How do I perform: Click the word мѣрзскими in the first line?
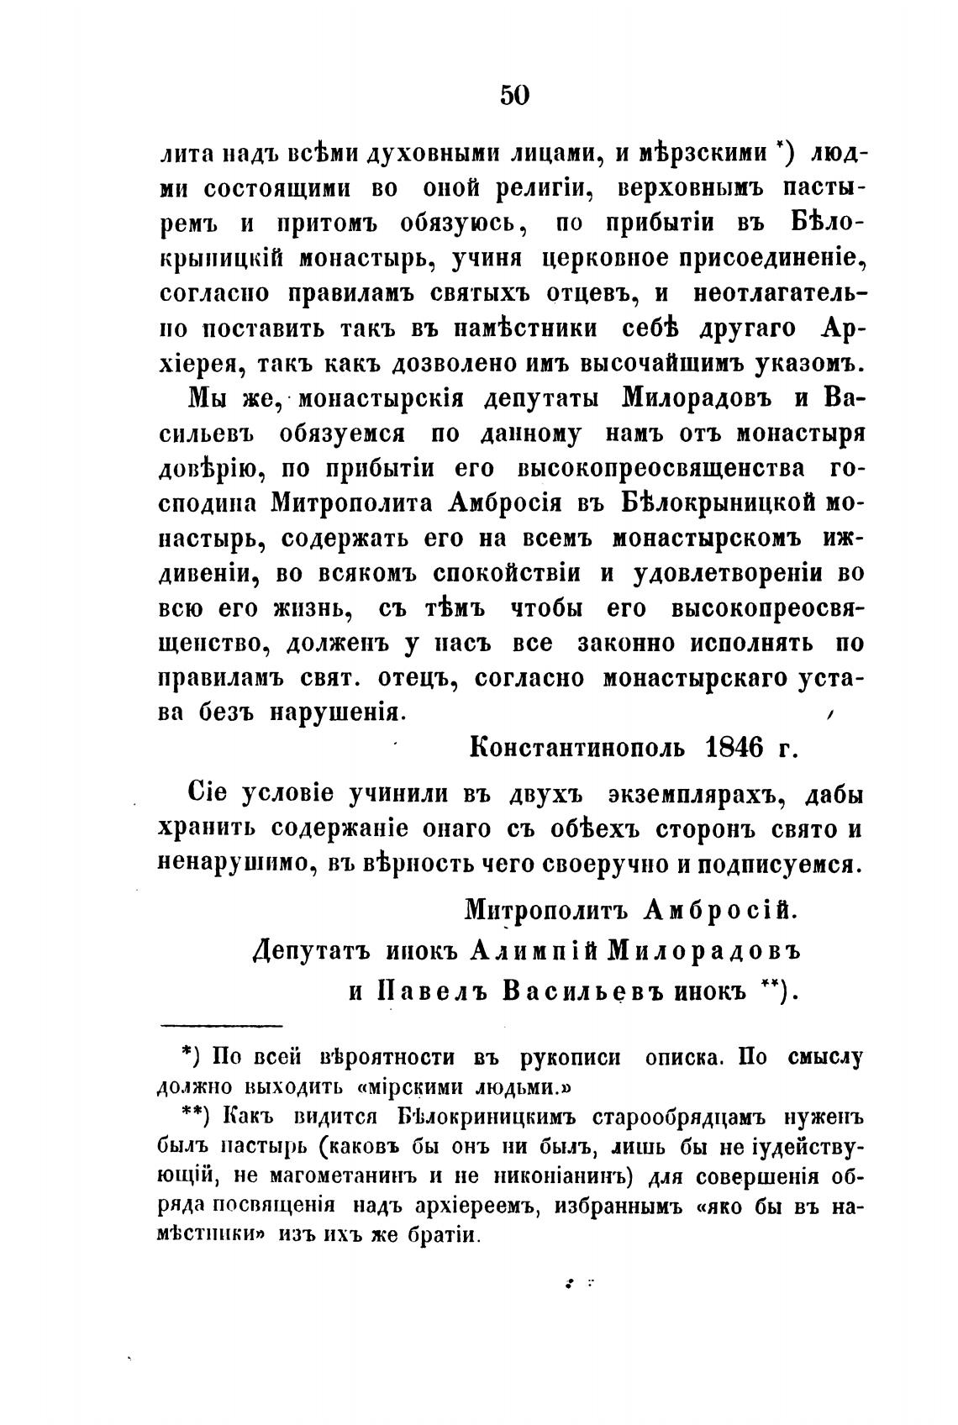[692, 154]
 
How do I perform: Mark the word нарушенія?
[337, 712]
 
